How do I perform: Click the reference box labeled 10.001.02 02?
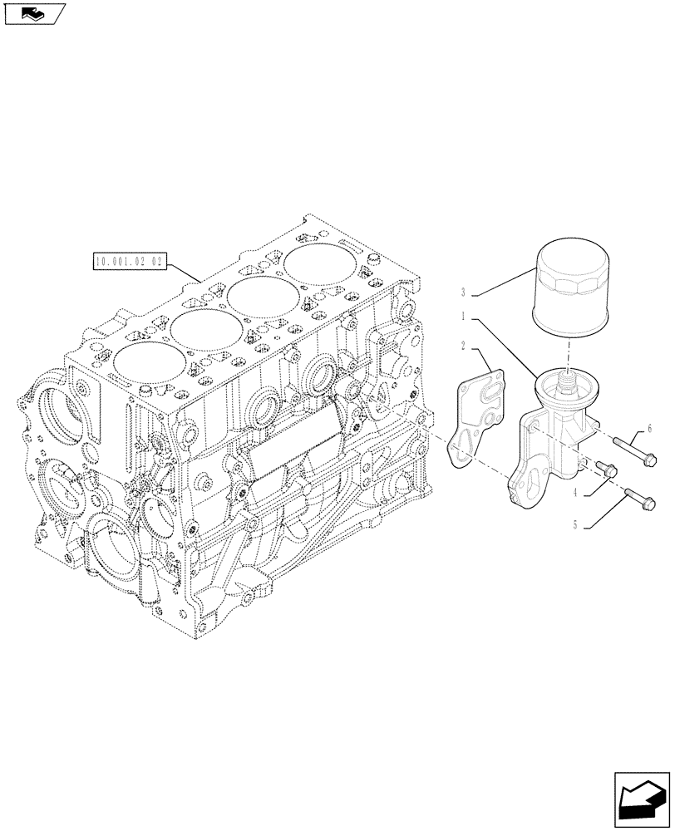point(131,263)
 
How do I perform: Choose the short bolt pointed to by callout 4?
point(605,469)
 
